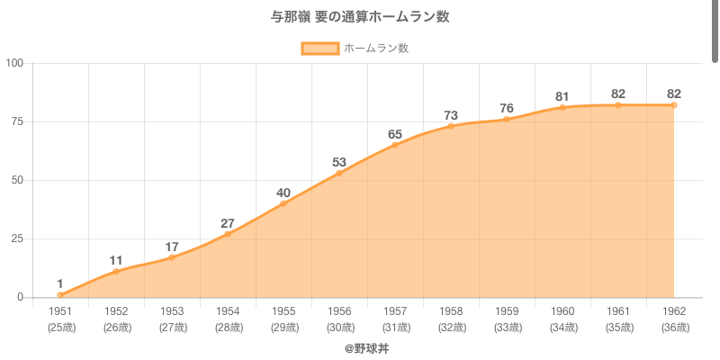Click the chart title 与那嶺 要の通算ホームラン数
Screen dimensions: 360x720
[360, 17]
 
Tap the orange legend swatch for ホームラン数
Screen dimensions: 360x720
[319, 49]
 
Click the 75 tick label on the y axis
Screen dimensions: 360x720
[18, 121]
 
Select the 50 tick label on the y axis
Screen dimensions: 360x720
[18, 180]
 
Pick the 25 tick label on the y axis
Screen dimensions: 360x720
[18, 238]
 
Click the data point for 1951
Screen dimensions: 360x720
[60, 295]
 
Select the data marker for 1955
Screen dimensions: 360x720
[283, 203]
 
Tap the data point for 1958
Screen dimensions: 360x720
[451, 126]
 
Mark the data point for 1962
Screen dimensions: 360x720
[674, 105]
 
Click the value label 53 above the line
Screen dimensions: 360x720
[339, 163]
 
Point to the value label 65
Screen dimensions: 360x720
[395, 135]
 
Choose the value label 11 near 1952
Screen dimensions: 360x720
[116, 261]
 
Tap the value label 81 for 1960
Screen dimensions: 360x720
[562, 97]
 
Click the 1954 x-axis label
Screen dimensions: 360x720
[228, 311]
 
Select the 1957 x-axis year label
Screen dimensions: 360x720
[395, 311]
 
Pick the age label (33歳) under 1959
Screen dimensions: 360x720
[507, 328]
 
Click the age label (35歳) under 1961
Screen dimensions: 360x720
[618, 328]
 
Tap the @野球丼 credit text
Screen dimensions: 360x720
[366, 347]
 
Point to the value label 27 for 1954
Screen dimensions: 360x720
[228, 224]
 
